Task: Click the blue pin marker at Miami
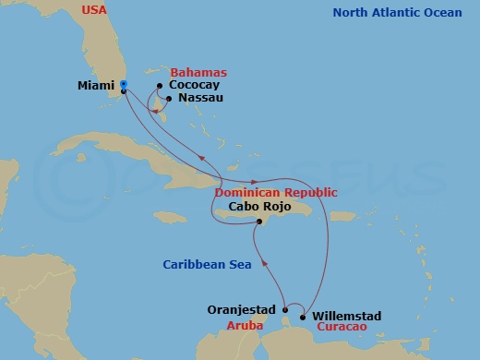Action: point(123,86)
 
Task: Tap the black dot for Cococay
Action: point(160,87)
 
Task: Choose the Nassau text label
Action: point(200,97)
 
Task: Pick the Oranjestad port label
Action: point(243,310)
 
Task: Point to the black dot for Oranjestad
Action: point(285,310)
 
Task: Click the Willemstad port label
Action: point(347,316)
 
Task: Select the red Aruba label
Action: point(246,326)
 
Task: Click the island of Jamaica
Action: point(172,217)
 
